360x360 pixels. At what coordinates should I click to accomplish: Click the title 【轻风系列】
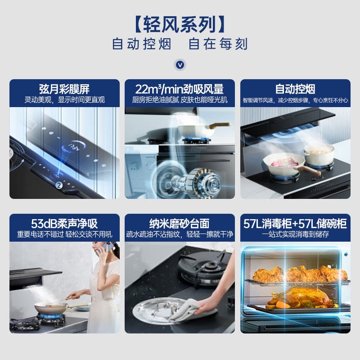(x=180, y=23)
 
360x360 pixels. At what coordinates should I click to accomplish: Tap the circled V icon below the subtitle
(x=180, y=65)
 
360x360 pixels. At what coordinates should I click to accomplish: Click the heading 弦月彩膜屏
(x=64, y=88)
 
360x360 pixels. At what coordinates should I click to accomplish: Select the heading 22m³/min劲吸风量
(x=180, y=88)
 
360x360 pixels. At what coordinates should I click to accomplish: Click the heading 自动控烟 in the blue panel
(x=295, y=88)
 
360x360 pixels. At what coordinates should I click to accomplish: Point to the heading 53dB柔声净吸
(x=64, y=223)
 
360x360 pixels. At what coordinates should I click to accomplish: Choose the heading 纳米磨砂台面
(x=180, y=223)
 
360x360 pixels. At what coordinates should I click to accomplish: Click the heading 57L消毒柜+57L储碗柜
(x=295, y=223)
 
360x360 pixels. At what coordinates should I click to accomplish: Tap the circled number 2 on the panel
(x=58, y=185)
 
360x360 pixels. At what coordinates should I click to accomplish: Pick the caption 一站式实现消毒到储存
(x=295, y=234)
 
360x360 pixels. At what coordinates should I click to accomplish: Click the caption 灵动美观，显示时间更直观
(x=64, y=100)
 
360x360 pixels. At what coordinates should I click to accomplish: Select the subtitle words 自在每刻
(x=218, y=44)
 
